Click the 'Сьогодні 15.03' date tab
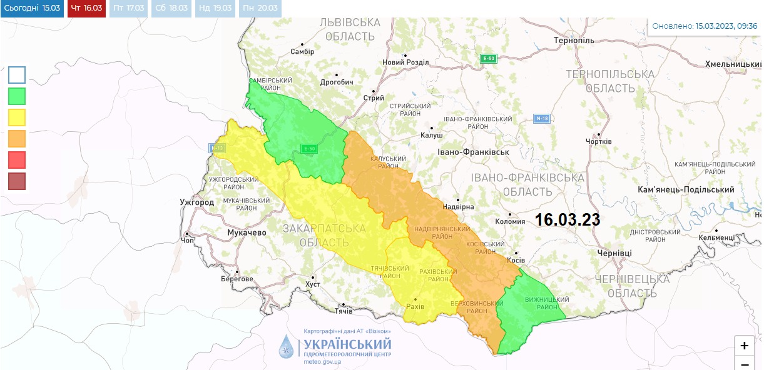tap(32, 8)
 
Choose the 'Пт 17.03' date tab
tap(129, 8)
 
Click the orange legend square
tap(17, 138)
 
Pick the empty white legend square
tap(17, 75)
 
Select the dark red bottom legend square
tap(17, 181)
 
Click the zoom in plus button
tap(744, 346)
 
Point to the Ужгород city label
tap(196, 202)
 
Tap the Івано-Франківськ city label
tap(474, 152)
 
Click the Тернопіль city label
tap(573, 41)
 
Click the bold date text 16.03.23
tap(568, 220)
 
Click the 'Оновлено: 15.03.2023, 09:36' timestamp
tap(705, 26)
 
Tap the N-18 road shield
tap(541, 118)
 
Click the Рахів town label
tap(415, 306)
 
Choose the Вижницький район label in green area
tap(542, 303)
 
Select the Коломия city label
tap(510, 221)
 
